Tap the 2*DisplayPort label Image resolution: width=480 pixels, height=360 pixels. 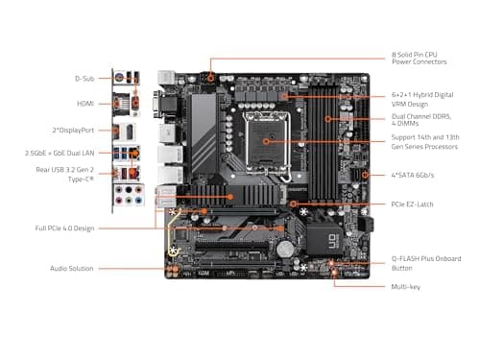click(x=75, y=128)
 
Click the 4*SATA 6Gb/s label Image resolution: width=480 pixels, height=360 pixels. click(x=414, y=175)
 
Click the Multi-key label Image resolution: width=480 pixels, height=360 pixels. click(x=405, y=286)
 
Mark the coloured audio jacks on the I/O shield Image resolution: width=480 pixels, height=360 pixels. click(x=126, y=195)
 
